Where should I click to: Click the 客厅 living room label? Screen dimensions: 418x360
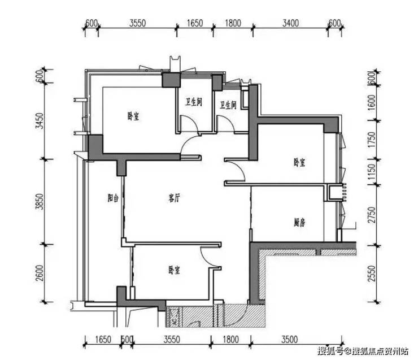pyautogui.click(x=174, y=198)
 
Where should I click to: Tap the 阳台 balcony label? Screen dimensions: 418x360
pyautogui.click(x=113, y=198)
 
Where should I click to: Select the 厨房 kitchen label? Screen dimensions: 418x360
pyautogui.click(x=299, y=222)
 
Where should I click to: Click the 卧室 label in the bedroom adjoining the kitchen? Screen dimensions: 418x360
pyautogui.click(x=299, y=162)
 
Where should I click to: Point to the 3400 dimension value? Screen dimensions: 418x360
pyautogui.click(x=290, y=23)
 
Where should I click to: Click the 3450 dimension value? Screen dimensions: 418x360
pyautogui.click(x=40, y=121)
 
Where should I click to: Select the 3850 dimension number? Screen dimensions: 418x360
pyautogui.click(x=40, y=201)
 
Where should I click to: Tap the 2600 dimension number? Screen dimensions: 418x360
pyautogui.click(x=40, y=273)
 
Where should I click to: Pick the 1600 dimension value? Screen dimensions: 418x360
pyautogui.click(x=371, y=102)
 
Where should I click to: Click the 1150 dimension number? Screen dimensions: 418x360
pyautogui.click(x=371, y=171)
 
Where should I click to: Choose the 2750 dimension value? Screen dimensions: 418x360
pyautogui.click(x=371, y=215)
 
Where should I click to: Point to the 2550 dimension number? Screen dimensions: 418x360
pyautogui.click(x=371, y=273)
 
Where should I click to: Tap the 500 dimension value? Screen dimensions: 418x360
pyautogui.click(x=127, y=340)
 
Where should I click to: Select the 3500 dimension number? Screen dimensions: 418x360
pyautogui.click(x=290, y=340)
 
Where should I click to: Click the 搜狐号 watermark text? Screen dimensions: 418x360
pyautogui.click(x=331, y=351)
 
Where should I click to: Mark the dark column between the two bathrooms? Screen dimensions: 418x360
pyautogui.click(x=217, y=82)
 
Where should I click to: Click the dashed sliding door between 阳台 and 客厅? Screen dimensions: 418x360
pyautogui.click(x=123, y=207)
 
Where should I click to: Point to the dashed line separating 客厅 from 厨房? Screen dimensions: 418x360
pyautogui.click(x=251, y=207)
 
